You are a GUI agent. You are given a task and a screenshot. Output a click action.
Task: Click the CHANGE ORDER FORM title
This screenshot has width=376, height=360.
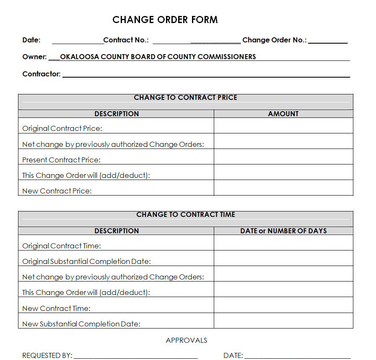(165, 20)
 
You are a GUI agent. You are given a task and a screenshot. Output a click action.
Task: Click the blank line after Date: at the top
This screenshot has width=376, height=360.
(78, 41)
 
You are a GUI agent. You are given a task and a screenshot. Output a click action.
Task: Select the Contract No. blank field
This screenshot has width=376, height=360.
(196, 41)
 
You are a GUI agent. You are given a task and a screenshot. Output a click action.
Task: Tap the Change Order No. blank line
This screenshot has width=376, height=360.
(328, 41)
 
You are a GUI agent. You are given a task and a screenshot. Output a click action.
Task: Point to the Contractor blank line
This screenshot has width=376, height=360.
(205, 75)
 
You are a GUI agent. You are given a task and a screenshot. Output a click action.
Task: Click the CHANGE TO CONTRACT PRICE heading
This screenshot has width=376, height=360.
(185, 98)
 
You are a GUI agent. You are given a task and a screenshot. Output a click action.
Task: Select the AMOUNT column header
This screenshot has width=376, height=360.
(283, 114)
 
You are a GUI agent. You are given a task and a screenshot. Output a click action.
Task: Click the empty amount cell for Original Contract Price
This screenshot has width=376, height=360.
(283, 125)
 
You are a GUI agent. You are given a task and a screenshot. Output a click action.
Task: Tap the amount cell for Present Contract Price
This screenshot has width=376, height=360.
(283, 157)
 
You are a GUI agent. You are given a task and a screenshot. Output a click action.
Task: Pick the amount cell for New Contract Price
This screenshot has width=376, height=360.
(283, 188)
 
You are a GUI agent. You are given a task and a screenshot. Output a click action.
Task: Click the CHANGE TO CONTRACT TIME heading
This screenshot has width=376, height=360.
(185, 215)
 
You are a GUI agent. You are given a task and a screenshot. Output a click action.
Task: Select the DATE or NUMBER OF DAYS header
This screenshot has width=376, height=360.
(283, 231)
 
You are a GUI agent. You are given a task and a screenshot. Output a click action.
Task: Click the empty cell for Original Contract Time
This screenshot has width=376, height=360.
(283, 243)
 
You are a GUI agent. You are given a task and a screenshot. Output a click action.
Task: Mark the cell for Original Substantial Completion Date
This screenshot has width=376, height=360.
(283, 258)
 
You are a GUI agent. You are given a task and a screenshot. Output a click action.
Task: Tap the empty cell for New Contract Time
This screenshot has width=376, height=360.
(283, 305)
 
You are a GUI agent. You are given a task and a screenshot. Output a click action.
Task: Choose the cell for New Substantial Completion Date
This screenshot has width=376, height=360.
(283, 321)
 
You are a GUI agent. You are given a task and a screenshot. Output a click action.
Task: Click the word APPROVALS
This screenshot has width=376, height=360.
(187, 340)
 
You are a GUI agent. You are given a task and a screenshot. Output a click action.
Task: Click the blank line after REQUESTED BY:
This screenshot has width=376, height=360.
(135, 356)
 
